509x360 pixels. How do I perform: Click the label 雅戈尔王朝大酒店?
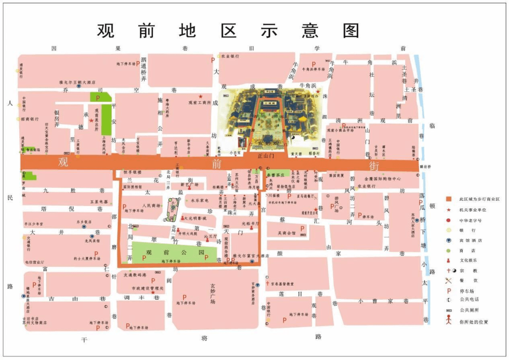[77, 82]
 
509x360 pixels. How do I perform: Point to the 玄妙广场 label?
[213, 293]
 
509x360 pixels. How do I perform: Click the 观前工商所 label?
[199, 102]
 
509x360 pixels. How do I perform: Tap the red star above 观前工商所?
[200, 96]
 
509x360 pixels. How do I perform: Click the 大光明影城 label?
[195, 218]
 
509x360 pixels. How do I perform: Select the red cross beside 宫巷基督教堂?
[267, 284]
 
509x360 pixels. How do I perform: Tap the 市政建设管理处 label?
[147, 288]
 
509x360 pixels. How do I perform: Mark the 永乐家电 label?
[200, 200]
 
